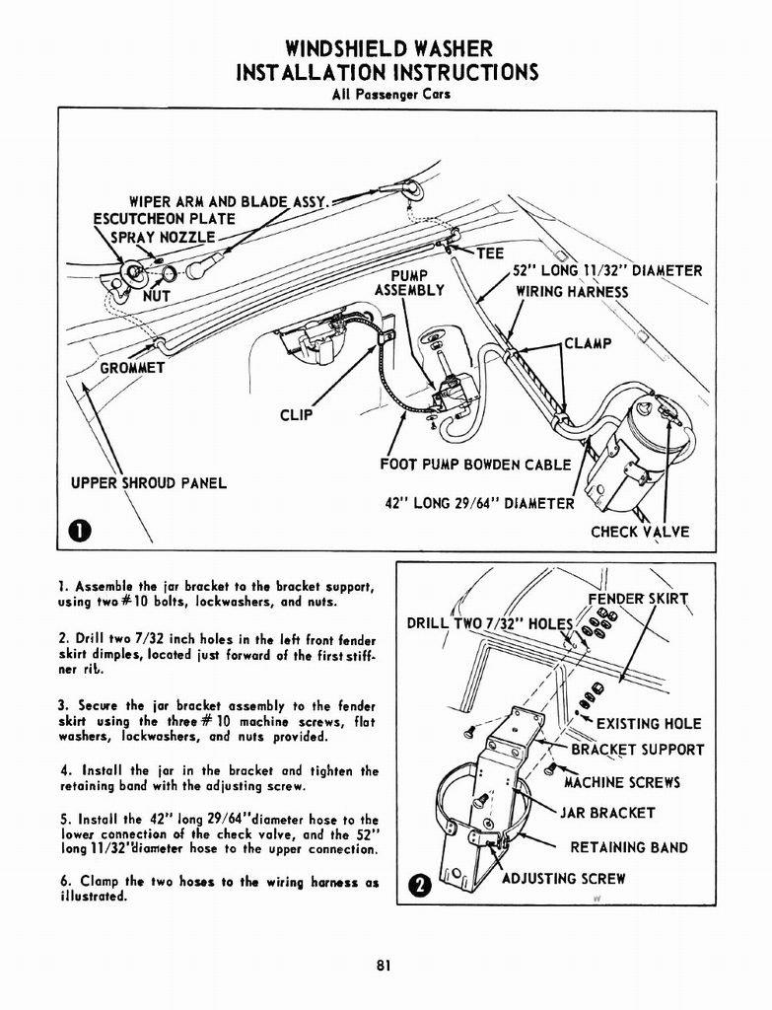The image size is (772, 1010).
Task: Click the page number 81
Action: pos(385,966)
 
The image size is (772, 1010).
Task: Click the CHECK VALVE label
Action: pos(640,532)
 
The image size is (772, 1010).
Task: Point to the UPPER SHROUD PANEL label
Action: pos(149,482)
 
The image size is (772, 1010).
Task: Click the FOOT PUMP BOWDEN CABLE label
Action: pos(475,465)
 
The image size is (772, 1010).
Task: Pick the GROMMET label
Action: pos(132,368)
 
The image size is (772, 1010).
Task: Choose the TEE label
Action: pos(490,253)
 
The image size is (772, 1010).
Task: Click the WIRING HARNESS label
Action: pos(572,291)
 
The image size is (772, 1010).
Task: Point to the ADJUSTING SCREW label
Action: pos(563,878)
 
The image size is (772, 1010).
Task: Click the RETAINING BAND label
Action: pos(628,847)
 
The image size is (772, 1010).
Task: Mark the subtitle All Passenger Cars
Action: pos(385,95)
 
